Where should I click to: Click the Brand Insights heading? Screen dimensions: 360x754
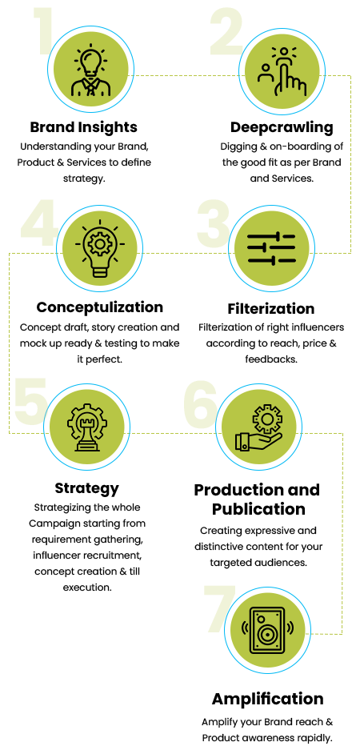(84, 127)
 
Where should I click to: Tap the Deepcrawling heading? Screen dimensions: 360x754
(281, 127)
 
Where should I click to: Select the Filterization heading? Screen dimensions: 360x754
(270, 308)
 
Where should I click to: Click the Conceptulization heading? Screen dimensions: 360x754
(99, 307)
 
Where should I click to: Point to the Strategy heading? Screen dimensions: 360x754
(86, 488)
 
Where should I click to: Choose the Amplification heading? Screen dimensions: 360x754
(267, 698)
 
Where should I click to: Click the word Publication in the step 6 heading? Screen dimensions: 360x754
(258, 509)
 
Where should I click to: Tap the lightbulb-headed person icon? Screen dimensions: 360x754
(91, 70)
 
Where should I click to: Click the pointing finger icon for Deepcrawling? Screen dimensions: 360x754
(282, 71)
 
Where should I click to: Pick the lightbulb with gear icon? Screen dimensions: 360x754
(99, 249)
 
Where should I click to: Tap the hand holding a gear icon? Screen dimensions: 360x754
(258, 427)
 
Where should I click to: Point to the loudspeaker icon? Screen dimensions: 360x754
(267, 631)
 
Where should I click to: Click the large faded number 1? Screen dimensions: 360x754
(43, 31)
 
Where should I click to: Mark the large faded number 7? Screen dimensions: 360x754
(220, 609)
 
